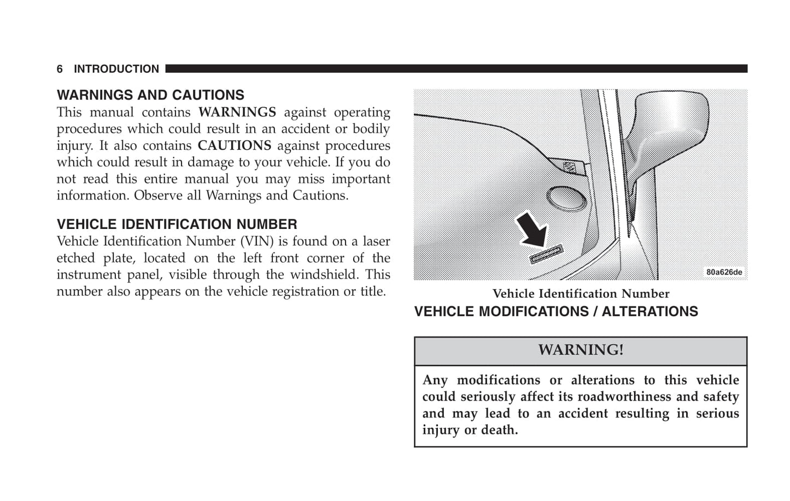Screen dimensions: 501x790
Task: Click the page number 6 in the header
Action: pos(60,69)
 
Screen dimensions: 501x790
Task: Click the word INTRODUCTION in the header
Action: pos(116,69)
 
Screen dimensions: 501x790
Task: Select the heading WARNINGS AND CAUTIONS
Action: pos(150,95)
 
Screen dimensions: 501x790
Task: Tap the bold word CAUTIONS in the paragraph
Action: pos(234,146)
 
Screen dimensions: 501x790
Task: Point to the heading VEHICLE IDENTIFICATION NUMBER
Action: pos(177,225)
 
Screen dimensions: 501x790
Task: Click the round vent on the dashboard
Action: pos(566,199)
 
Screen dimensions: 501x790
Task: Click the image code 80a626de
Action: pos(724,272)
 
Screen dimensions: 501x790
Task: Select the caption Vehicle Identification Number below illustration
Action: pos(581,294)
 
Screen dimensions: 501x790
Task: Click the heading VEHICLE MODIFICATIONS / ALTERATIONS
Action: pos(556,312)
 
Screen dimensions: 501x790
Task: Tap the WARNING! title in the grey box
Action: pos(581,350)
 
